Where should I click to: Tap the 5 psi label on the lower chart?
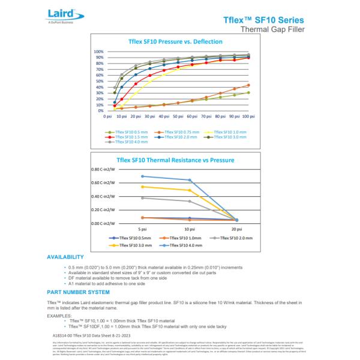[x=142, y=230]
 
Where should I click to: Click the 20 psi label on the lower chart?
[x=236, y=230]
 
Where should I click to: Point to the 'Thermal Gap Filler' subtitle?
[x=272, y=29]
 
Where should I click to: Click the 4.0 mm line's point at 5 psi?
[x=142, y=176]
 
